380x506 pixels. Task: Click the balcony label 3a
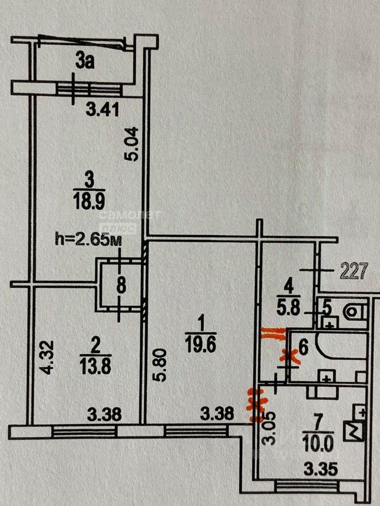[85, 61]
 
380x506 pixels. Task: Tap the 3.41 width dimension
[103, 110]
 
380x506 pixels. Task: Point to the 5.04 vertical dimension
[131, 144]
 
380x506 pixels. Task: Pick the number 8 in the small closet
[121, 286]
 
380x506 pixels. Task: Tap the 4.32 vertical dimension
[47, 357]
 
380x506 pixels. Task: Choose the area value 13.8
[96, 367]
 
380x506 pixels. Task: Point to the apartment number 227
[354, 271]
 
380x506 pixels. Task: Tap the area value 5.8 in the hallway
[289, 308]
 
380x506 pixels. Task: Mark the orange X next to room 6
[290, 357]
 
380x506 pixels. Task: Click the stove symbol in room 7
[355, 432]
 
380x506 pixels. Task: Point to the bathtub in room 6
[342, 346]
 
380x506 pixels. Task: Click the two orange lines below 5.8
[273, 334]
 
